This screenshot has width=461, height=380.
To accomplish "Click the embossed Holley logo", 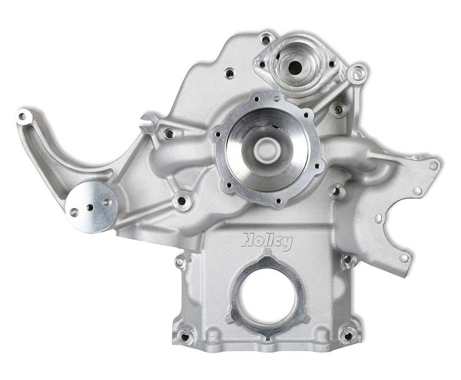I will pos(267,241).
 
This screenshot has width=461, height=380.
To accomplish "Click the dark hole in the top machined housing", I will pos(295,67).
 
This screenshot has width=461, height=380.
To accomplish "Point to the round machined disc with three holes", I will pos(91,207).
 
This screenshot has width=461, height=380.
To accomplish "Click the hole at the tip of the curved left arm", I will pos(22,116).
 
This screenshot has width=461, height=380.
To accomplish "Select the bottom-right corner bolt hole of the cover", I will pos(348,336).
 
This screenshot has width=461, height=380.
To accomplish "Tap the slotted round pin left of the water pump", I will pos(149,122).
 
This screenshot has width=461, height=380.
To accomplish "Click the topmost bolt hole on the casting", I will pos(265,38).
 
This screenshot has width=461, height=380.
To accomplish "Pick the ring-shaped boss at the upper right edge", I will pos(357,73).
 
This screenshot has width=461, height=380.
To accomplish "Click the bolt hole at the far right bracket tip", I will pos(433,165).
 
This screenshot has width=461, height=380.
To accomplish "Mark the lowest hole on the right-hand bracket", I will pos(403,258).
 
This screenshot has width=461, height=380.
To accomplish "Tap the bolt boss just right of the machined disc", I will pos(182,201).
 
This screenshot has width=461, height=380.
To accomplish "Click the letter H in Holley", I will pos(248,239).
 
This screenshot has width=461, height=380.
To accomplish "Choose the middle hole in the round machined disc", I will pos(90,207).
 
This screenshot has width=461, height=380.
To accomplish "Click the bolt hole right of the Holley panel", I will pos(348,260).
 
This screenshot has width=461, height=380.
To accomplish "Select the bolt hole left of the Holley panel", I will pos(180,262).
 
